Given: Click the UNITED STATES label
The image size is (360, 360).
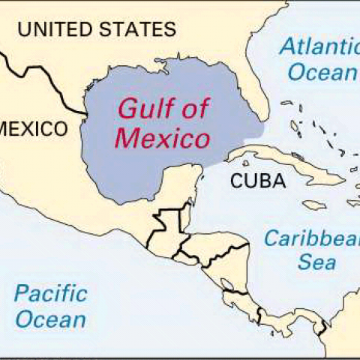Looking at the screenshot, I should click(97, 30).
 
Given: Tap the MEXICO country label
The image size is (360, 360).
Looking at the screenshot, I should click(33, 128).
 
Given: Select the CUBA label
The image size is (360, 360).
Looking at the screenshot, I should click(257, 181).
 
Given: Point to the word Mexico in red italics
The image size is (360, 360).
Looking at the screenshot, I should click(166, 139).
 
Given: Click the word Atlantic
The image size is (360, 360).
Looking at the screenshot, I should click(319, 46).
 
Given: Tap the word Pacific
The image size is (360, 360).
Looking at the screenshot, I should click(51, 293).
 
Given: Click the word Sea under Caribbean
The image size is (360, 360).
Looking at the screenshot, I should click(316, 262).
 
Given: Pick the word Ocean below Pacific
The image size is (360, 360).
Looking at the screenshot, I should click(51, 319).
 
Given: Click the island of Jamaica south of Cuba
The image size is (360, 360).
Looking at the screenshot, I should click(312, 204).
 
